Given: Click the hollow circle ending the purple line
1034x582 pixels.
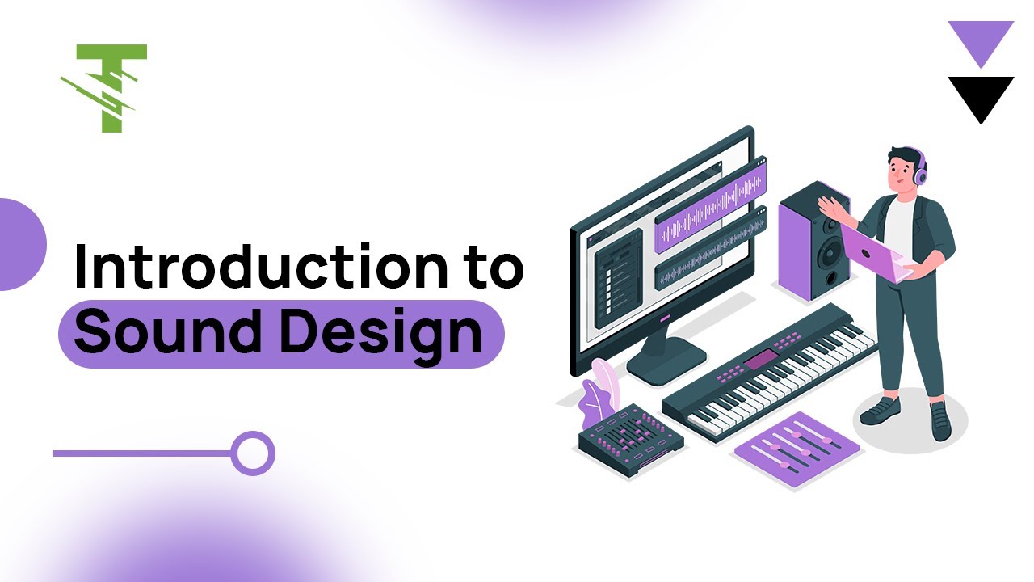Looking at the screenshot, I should point(253,453).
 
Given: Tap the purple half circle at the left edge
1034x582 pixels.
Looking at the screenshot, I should point(19,244).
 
